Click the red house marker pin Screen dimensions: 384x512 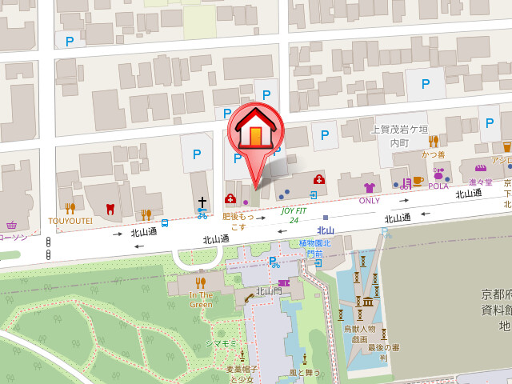click(255, 133)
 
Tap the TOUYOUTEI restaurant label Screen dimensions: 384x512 click(70, 220)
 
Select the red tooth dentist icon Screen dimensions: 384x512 click(110, 210)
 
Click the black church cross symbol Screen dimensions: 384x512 click(202, 202)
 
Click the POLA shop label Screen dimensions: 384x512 click(438, 186)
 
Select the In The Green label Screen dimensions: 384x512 click(201, 299)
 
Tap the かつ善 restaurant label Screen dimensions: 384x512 click(434, 154)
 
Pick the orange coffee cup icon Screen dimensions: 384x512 click(418, 182)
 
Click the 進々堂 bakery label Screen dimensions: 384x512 click(480, 182)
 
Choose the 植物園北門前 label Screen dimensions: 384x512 click(314, 248)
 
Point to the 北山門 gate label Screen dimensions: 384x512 click(268, 291)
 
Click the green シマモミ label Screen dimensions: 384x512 click(220, 343)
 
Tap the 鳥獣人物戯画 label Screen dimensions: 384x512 click(360, 334)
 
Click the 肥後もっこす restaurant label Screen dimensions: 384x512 click(238, 222)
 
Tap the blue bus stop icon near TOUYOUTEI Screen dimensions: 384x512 click(164, 223)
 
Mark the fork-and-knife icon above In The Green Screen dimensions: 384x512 click(201, 282)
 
